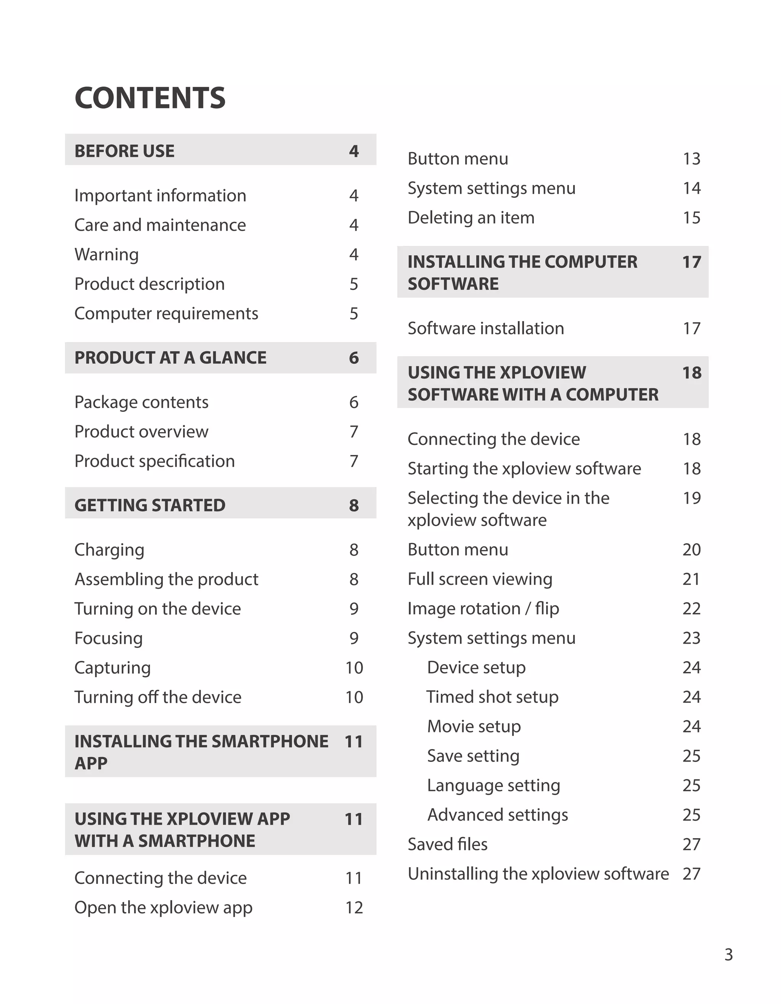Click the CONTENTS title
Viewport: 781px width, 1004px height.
pyautogui.click(x=150, y=98)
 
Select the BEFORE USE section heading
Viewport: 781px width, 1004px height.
pyautogui.click(x=125, y=151)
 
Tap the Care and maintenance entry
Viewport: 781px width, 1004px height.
pyautogui.click(x=160, y=225)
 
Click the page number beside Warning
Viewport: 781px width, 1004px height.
pyautogui.click(x=354, y=255)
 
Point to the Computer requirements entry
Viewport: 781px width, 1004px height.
pyautogui.click(x=166, y=314)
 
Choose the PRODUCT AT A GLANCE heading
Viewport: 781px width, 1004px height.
pyautogui.click(x=170, y=358)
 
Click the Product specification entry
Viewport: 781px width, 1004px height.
pyautogui.click(x=154, y=461)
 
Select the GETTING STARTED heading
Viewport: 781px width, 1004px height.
pyautogui.click(x=150, y=506)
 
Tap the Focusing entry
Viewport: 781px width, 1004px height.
pyautogui.click(x=108, y=639)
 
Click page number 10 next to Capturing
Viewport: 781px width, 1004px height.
pyautogui.click(x=354, y=668)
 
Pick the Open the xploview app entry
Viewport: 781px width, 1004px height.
pyautogui.click(x=163, y=908)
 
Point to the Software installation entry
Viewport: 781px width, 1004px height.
pyautogui.click(x=485, y=329)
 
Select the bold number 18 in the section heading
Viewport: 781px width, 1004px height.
pyautogui.click(x=691, y=373)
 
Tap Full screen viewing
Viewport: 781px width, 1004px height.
pyautogui.click(x=480, y=579)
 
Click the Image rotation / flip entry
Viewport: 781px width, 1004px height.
pyautogui.click(x=483, y=609)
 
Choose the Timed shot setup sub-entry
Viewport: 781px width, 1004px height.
pyautogui.click(x=492, y=697)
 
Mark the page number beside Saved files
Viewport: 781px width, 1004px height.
pyautogui.click(x=691, y=845)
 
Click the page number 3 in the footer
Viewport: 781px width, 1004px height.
pyautogui.click(x=729, y=955)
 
